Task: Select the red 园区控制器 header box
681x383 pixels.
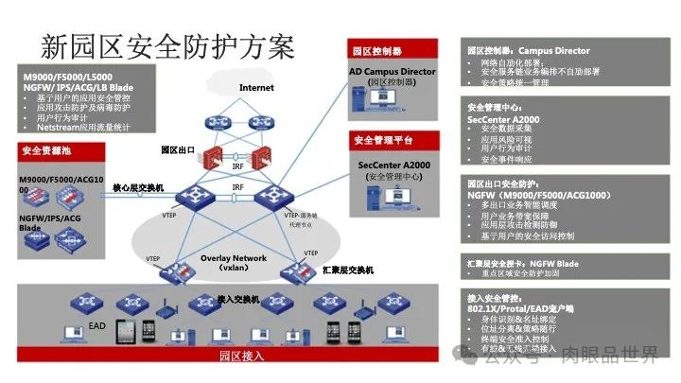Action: pos(377,51)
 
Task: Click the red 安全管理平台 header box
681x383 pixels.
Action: pos(383,141)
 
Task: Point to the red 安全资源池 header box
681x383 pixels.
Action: pos(48,150)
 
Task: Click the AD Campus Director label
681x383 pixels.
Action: pos(392,71)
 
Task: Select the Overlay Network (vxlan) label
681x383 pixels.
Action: pos(234,262)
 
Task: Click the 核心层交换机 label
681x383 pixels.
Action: pos(139,188)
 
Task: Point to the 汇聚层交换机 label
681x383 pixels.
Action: pos(348,270)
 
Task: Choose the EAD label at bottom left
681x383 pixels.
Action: pos(96,325)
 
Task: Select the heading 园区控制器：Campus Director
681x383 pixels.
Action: pos(529,51)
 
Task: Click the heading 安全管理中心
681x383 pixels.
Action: pos(496,107)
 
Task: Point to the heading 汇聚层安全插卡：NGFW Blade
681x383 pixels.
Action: pos(522,263)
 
